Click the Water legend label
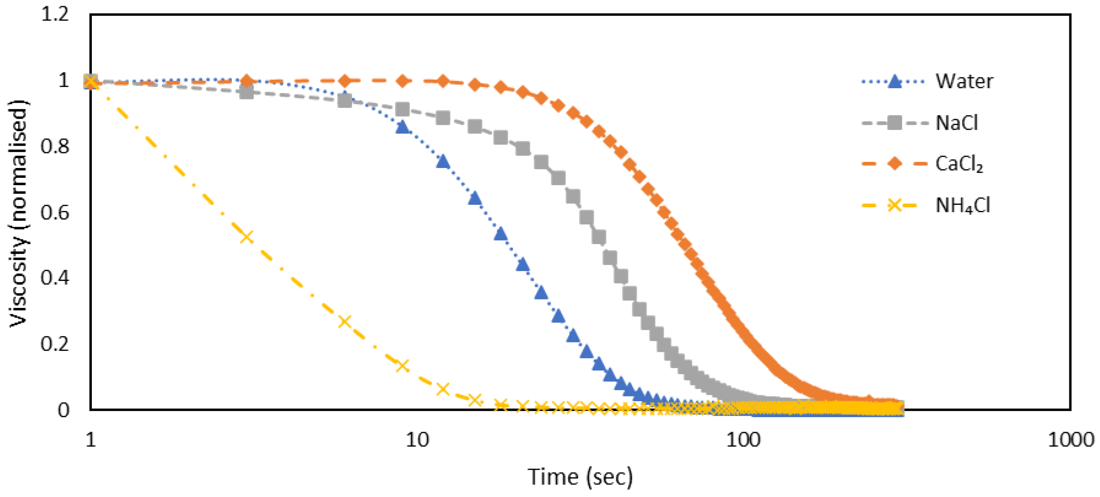point(964,81)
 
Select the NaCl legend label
point(956,123)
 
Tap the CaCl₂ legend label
point(959,164)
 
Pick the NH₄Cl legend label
point(963,206)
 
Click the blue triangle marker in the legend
point(894,81)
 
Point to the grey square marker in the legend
point(894,123)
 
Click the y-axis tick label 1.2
point(55,15)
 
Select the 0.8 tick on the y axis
point(55,146)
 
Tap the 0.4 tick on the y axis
point(55,278)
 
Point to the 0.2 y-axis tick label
point(55,344)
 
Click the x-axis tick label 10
point(417,440)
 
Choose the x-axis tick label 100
point(743,440)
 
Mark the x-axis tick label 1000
point(1070,440)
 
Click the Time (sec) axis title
point(580,477)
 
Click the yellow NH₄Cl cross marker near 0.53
point(246,236)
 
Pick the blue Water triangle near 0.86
point(402,127)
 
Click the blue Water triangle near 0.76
point(443,161)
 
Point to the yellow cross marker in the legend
point(894,206)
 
